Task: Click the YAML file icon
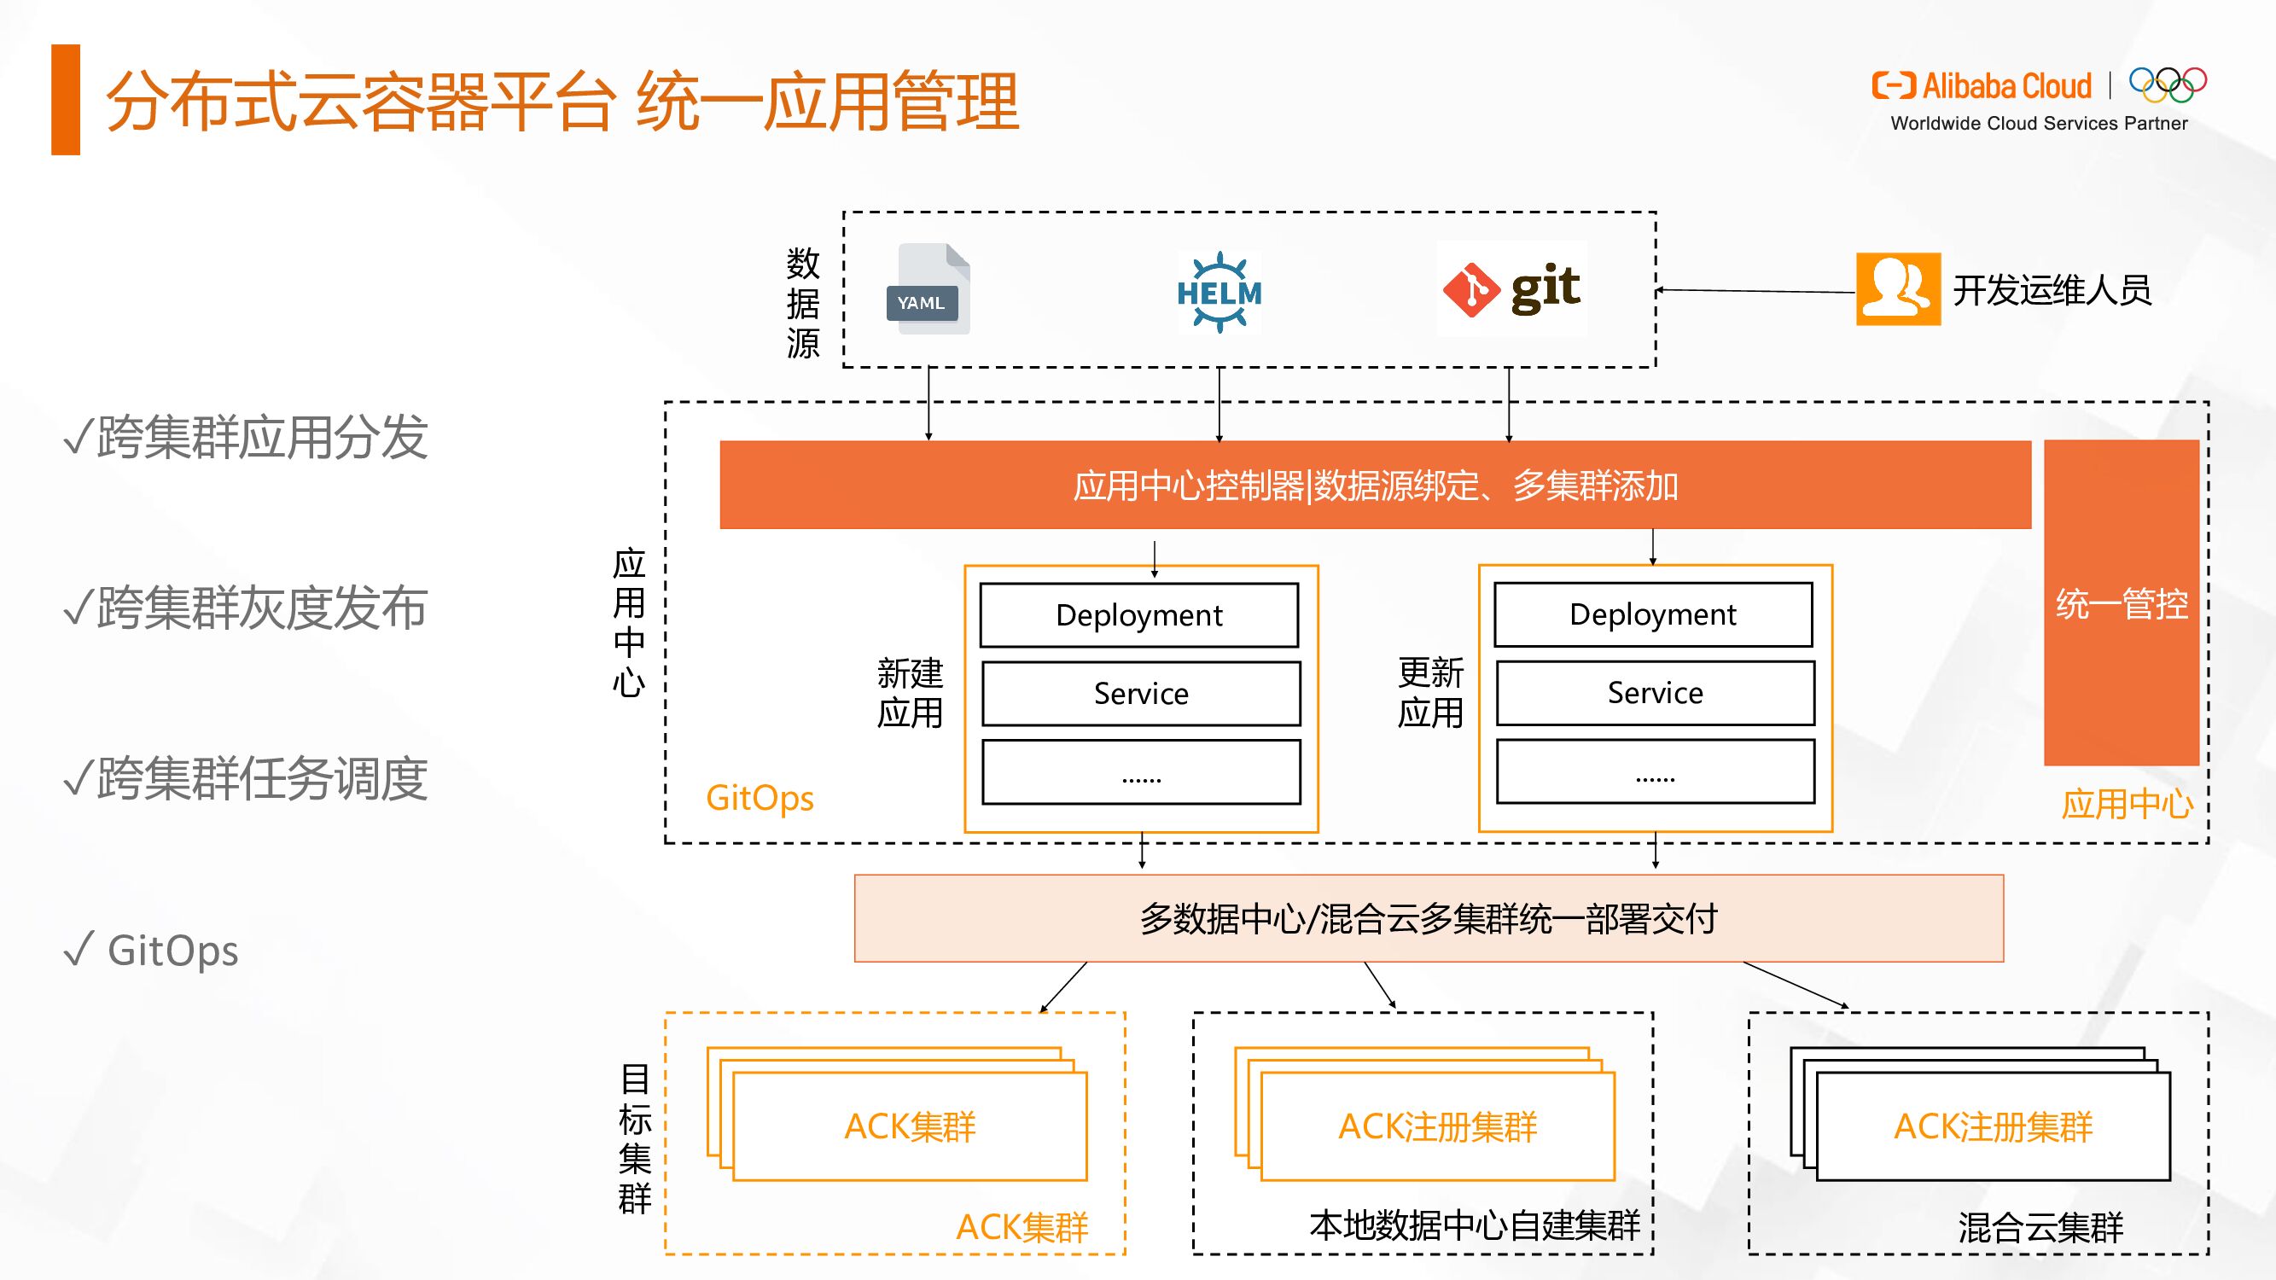tap(927, 289)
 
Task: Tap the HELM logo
tap(1219, 292)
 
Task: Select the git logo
tap(1511, 290)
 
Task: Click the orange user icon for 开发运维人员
tap(1898, 289)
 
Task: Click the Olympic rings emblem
tap(2168, 84)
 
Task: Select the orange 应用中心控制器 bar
tap(1374, 485)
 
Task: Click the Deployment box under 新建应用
tap(1139, 614)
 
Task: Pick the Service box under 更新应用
tap(1655, 694)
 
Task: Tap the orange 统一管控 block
tap(2121, 602)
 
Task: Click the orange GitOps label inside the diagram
tap(759, 798)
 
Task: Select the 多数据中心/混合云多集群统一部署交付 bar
tap(1428, 919)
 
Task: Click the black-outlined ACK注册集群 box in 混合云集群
tap(1993, 1126)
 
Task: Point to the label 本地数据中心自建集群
tap(1474, 1225)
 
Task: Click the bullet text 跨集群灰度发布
tap(261, 608)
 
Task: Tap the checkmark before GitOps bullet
tap(78, 950)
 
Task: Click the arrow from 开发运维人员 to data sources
tap(1755, 291)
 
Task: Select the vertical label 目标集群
tap(634, 1138)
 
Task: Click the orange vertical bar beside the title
tap(66, 100)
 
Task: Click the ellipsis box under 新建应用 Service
tap(1141, 772)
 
